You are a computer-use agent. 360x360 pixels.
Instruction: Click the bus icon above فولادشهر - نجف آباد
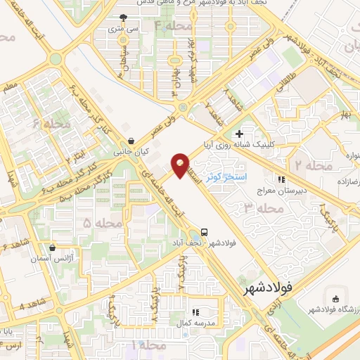pos(204,231)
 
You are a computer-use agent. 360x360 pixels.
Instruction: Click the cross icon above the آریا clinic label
pos(239,133)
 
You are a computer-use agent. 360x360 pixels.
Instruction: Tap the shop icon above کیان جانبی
pos(131,141)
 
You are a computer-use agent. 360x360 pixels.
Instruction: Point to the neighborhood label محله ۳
pos(258,207)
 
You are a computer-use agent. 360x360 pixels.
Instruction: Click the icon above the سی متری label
pos(123,18)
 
